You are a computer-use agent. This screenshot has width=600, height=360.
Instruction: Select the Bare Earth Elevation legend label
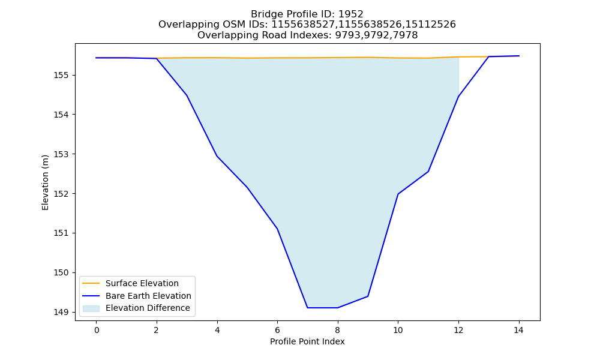pos(148,296)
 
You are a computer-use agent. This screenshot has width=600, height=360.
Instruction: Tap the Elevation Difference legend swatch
pos(91,308)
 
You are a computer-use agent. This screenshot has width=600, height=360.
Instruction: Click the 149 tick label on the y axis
pos(61,312)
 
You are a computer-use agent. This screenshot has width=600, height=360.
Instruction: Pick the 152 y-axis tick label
pos(61,194)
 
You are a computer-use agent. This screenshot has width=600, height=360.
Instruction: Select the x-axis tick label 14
pos(518,330)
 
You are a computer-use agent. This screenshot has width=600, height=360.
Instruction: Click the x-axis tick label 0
pos(97,330)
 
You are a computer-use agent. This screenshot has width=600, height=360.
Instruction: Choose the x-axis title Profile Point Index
pos(307,341)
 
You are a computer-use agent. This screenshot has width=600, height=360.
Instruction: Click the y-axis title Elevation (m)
pos(46,182)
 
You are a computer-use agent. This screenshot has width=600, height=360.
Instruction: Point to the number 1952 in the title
pos(351,14)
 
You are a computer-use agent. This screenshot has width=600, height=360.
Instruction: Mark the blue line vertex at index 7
pos(307,308)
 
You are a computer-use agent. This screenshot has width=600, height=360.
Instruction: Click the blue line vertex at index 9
pos(368,296)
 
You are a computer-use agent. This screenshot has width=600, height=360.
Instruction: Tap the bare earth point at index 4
pos(217,156)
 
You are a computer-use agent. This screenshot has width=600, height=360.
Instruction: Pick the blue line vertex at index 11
pos(428,172)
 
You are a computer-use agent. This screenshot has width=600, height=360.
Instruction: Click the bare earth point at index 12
pos(458,97)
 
